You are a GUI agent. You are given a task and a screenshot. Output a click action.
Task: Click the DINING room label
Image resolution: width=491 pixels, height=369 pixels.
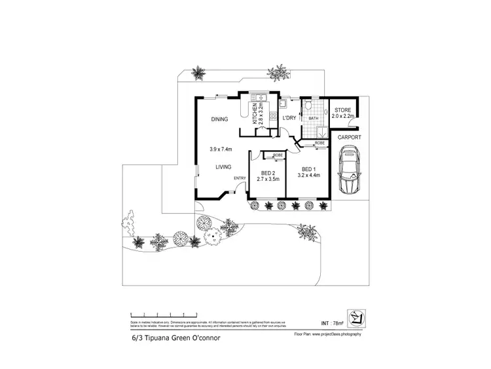tap(219, 119)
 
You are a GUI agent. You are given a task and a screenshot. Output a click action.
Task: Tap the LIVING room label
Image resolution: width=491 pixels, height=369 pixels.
tap(225, 167)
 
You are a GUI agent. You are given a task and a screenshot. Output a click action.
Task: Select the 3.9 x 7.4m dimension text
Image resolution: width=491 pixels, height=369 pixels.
tap(223, 148)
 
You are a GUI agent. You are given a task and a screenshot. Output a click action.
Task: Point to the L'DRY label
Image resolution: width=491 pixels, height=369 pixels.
tap(289, 118)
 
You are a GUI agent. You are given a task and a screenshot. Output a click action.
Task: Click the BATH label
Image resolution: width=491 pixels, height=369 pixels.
tap(313, 119)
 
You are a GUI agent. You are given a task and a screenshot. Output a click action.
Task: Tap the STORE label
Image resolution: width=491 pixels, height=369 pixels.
tap(343, 110)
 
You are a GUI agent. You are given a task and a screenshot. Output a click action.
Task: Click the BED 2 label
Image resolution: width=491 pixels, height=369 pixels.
tap(266, 173)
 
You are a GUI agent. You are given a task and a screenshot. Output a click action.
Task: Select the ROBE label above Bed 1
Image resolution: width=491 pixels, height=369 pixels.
tap(320, 142)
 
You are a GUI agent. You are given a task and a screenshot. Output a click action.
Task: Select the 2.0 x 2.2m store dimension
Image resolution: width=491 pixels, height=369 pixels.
tap(343, 116)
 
